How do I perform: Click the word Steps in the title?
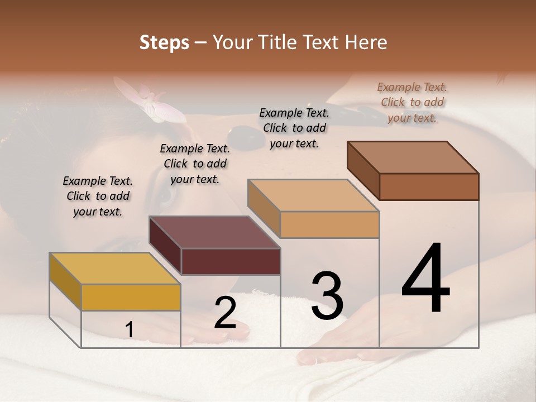[x=164, y=42]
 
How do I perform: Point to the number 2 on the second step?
[x=225, y=312]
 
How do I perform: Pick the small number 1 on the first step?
[x=129, y=330]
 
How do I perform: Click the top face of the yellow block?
[x=114, y=269]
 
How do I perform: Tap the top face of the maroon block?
[x=214, y=232]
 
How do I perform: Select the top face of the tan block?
[x=313, y=195]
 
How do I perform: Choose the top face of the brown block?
[x=413, y=157]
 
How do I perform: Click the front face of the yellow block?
[x=131, y=297]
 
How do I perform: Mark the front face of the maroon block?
[x=231, y=261]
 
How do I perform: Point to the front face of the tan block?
[x=329, y=224]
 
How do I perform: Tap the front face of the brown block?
[x=429, y=186]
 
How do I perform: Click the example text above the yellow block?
[x=98, y=197]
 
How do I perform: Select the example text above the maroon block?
[x=195, y=164]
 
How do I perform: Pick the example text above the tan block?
[x=294, y=128]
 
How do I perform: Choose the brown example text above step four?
[x=412, y=102]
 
